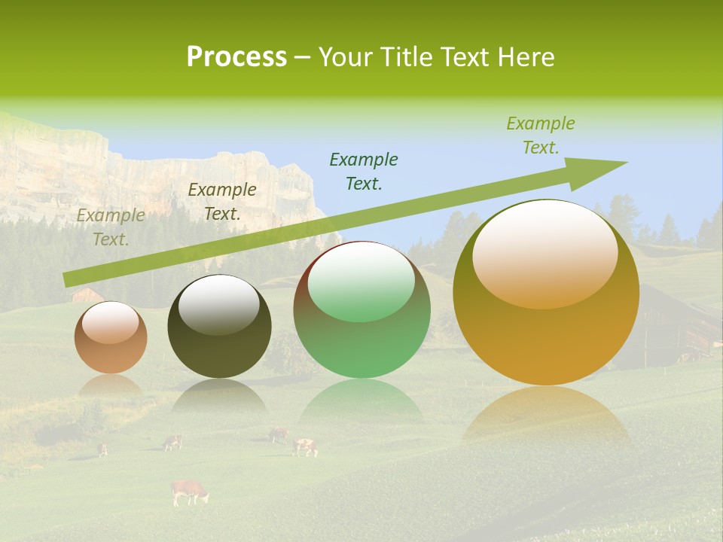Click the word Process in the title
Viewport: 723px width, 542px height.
pyautogui.click(x=236, y=57)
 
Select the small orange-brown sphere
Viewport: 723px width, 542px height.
pyautogui.click(x=111, y=337)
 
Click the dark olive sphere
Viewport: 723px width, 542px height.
pyautogui.click(x=219, y=327)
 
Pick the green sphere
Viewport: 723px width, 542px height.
pyautogui.click(x=362, y=310)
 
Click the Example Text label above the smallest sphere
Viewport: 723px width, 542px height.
pyautogui.click(x=111, y=227)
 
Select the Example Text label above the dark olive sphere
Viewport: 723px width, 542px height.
pyautogui.click(x=222, y=202)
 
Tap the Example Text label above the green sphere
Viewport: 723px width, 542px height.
pyautogui.click(x=364, y=172)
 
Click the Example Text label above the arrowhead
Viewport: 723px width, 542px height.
pyautogui.click(x=541, y=135)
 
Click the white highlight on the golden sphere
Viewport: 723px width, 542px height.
pyautogui.click(x=545, y=254)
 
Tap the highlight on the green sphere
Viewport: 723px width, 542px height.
pyautogui.click(x=361, y=281)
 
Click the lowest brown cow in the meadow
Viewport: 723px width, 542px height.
pyautogui.click(x=189, y=492)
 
